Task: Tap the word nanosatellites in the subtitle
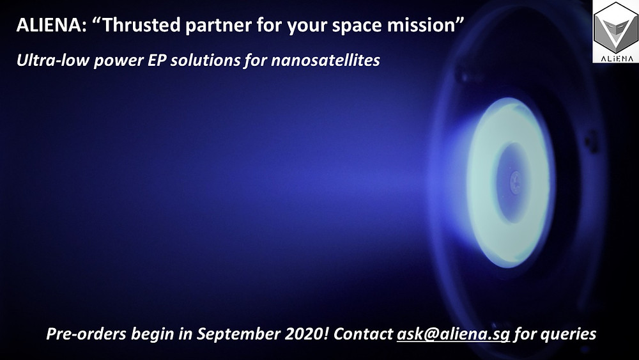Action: tap(325, 60)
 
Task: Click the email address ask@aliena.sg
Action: tap(453, 334)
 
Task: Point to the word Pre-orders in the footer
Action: tap(86, 334)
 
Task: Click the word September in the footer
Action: tap(238, 334)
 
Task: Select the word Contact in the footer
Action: tap(363, 334)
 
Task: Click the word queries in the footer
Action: tap(569, 334)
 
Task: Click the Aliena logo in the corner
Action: tap(616, 31)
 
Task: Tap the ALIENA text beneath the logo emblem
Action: tap(616, 58)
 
